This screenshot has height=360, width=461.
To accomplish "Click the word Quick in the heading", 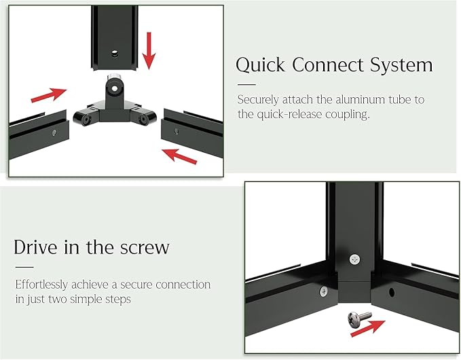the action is pos(261,65).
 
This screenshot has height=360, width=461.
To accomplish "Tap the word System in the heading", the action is pos(401,65).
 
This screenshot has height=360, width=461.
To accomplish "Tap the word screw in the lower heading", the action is pos(145,248).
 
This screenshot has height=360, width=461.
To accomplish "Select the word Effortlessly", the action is pos(41,285).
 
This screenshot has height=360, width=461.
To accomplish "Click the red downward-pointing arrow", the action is pos(149,50).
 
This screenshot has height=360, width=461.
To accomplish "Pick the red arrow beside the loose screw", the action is pos(368,328).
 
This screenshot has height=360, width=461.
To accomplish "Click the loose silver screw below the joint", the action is pos(360,319).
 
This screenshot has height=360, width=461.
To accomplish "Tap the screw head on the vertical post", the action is pos(355,259).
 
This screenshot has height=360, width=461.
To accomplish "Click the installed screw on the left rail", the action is pos(324,291).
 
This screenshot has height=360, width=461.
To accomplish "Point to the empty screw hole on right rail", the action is pos(392,292).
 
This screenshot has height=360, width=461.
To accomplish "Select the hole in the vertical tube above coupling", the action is pos(114,54).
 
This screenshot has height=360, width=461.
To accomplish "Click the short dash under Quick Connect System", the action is pos(246,85).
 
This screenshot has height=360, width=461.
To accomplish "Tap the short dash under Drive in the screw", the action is pos(24,268).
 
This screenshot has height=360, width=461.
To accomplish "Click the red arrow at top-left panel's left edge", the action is pos(48,95).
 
